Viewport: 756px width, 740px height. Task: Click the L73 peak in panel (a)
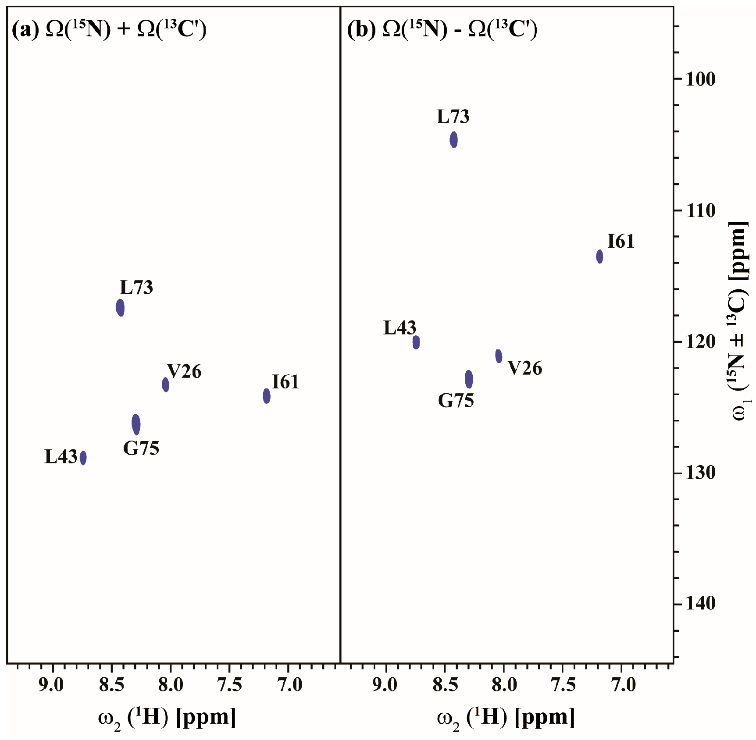coord(120,307)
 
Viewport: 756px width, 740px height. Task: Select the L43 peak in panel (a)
coord(83,458)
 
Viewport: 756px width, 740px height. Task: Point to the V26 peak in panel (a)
coord(165,384)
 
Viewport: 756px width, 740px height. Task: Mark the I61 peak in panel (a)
coord(267,396)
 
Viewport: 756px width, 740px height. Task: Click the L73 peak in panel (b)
coord(454,140)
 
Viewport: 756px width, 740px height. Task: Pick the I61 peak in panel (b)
coord(599,256)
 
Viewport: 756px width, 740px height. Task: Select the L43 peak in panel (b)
coord(416,342)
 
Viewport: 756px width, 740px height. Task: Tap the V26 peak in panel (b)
coord(499,356)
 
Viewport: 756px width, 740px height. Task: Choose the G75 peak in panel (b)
coord(469,379)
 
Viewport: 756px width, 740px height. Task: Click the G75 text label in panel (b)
coord(456,401)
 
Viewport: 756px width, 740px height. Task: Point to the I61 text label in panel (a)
coord(285,382)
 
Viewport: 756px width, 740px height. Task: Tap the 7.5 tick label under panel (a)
coord(229,685)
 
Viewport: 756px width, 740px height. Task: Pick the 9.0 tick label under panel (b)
coord(385,685)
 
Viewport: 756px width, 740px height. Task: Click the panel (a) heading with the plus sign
coord(109,29)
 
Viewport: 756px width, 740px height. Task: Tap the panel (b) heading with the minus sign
coord(442,29)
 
